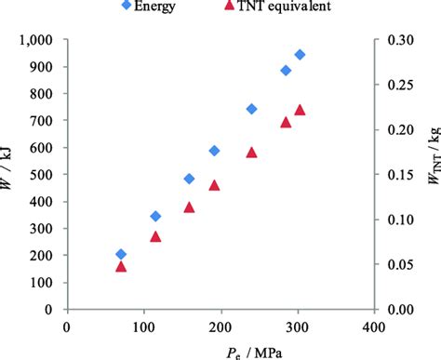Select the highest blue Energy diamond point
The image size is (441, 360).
click(x=300, y=55)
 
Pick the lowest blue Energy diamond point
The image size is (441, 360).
click(x=121, y=254)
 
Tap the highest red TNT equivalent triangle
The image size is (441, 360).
click(x=300, y=110)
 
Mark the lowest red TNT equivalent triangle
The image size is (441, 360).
click(x=121, y=266)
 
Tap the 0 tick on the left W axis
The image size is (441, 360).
click(x=54, y=309)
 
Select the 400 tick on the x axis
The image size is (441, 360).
click(x=373, y=327)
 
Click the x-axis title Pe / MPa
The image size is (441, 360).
click(x=220, y=350)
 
